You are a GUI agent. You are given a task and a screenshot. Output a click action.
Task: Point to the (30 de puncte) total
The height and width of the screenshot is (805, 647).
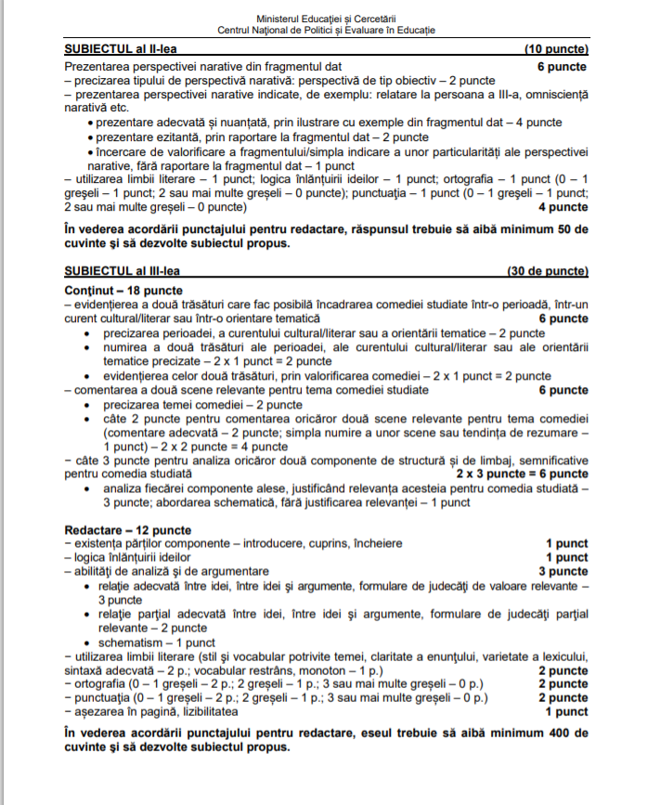pyautogui.click(x=547, y=271)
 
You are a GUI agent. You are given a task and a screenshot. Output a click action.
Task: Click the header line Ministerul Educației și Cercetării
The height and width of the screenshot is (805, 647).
pyautogui.click(x=325, y=19)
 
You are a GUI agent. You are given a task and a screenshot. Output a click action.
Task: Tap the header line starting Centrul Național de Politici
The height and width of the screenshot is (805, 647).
pyautogui.click(x=325, y=31)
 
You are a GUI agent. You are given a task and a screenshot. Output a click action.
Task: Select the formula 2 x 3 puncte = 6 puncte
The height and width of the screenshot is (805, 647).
pyautogui.click(x=522, y=474)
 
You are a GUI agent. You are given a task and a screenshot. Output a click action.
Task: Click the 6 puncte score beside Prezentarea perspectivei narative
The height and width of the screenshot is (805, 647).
pyautogui.click(x=563, y=67)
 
